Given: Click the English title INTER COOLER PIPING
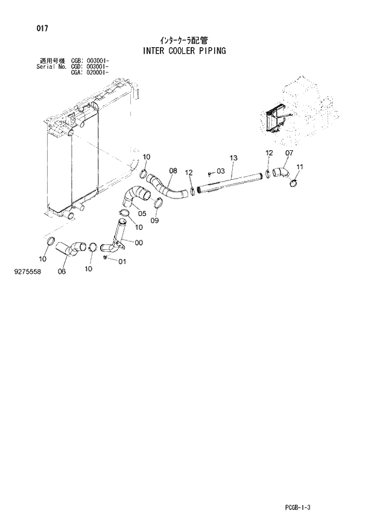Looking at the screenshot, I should [x=185, y=51].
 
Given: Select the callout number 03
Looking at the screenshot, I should [x=220, y=172].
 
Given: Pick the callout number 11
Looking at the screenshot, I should [x=300, y=167].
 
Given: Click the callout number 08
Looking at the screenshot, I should [x=173, y=171].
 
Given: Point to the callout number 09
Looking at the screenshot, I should [x=155, y=221].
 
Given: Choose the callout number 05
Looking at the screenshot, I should [x=142, y=212].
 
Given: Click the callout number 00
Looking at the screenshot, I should [x=139, y=243].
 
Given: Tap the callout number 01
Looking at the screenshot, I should [x=122, y=261].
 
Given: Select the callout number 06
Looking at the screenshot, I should [x=62, y=271].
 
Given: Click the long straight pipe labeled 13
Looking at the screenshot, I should [x=229, y=182].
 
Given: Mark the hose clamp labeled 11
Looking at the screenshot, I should [x=294, y=179].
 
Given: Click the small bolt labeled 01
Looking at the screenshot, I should [x=106, y=258].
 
